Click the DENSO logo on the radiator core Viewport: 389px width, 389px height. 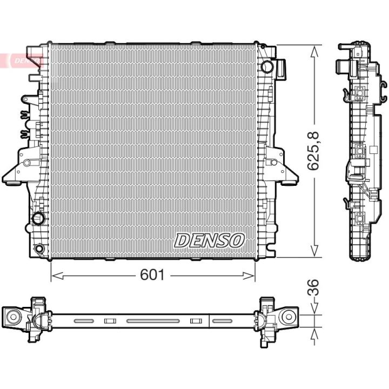(x=210, y=240)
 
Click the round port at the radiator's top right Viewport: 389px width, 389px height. (x=267, y=66)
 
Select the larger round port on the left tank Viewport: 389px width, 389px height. (x=39, y=219)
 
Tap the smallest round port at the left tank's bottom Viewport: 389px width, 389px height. (x=39, y=249)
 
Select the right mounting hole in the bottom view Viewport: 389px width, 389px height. (x=290, y=316)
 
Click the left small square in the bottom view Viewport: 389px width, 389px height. (x=110, y=321)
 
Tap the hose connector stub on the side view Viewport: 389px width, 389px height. (x=342, y=66)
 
